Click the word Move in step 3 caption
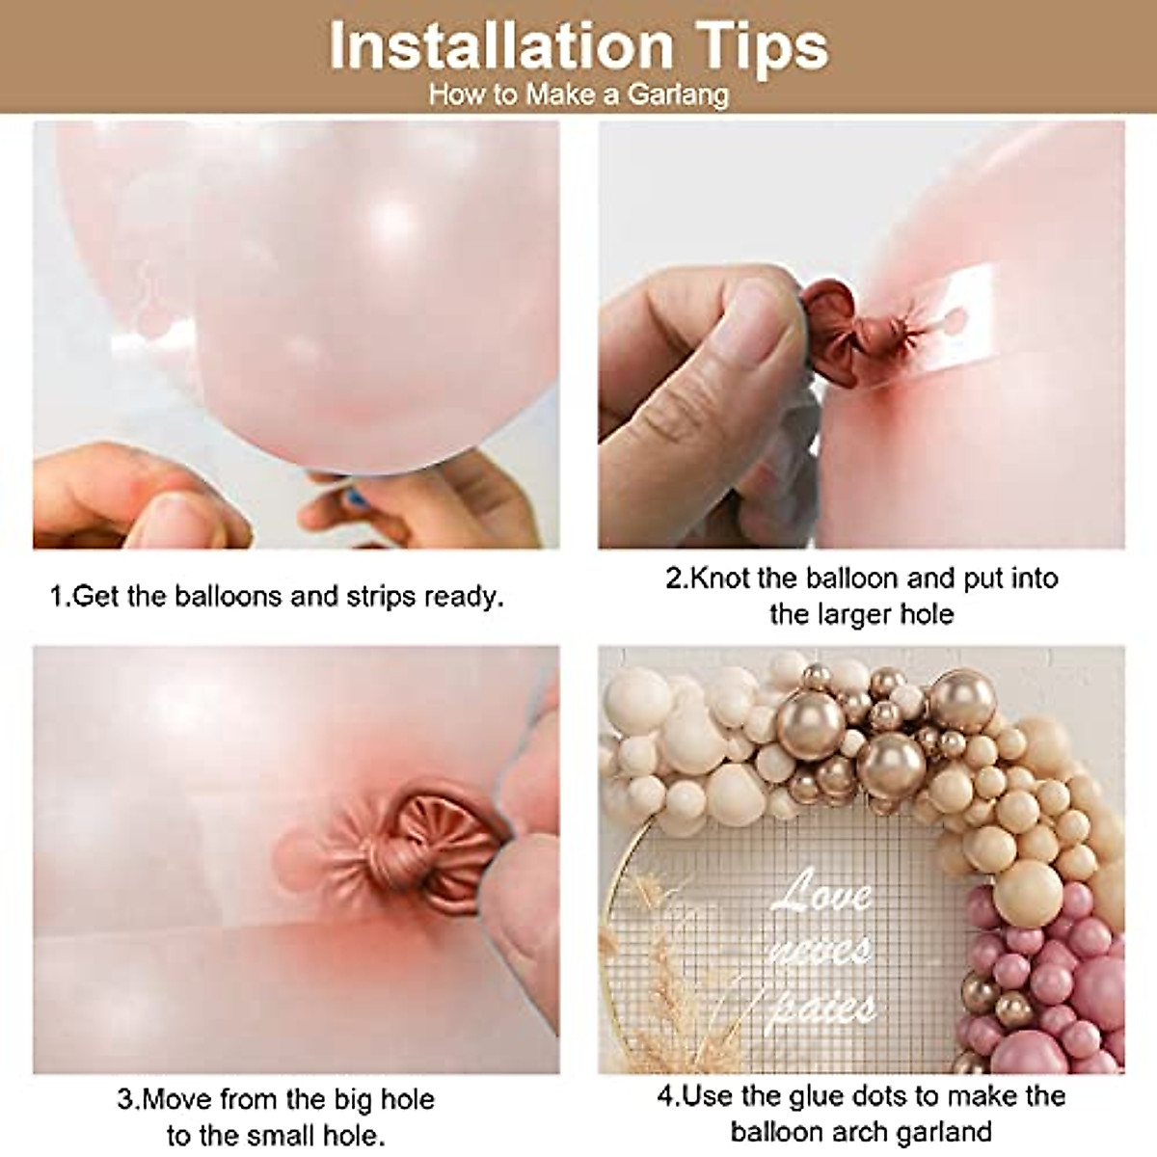point(178,1099)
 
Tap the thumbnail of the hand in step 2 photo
point(756,319)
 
